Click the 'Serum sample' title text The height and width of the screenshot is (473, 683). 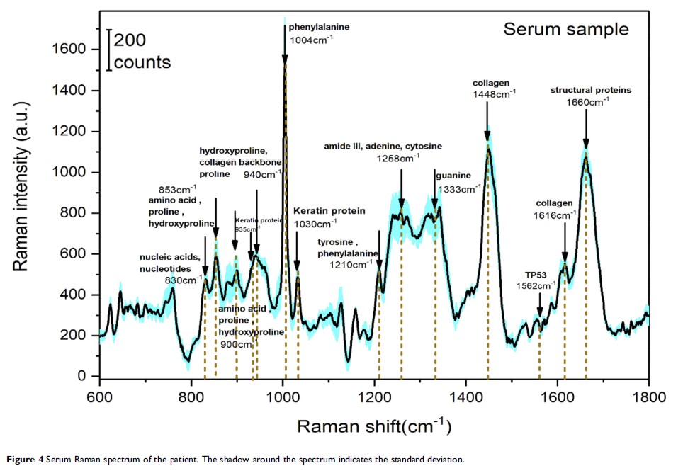click(565, 30)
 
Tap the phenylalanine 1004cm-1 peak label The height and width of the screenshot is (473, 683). click(320, 27)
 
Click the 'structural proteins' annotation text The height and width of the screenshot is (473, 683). click(591, 91)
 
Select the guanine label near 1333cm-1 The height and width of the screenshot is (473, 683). click(450, 175)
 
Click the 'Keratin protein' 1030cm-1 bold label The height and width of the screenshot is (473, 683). click(329, 211)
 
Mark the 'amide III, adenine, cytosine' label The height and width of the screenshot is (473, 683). click(383, 147)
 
